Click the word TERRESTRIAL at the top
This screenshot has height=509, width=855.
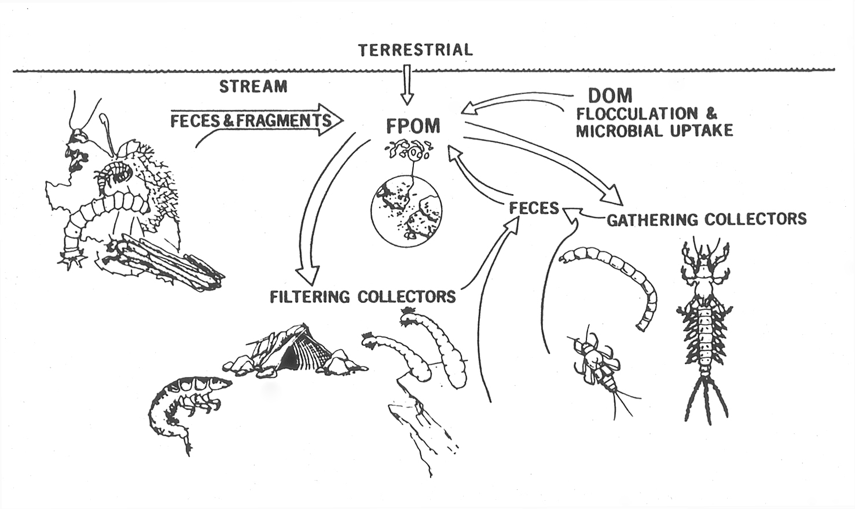(x=416, y=50)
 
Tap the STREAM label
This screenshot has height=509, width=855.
(x=253, y=87)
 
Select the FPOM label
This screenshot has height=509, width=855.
(x=413, y=127)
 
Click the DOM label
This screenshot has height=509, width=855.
(x=610, y=96)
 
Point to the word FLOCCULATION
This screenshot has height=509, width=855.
(x=637, y=114)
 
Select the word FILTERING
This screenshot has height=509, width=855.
(x=310, y=296)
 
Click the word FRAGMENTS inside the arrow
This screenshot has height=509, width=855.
(x=284, y=120)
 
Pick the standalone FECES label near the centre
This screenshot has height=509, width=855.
(x=534, y=208)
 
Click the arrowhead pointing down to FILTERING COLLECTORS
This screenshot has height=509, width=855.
(x=308, y=275)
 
